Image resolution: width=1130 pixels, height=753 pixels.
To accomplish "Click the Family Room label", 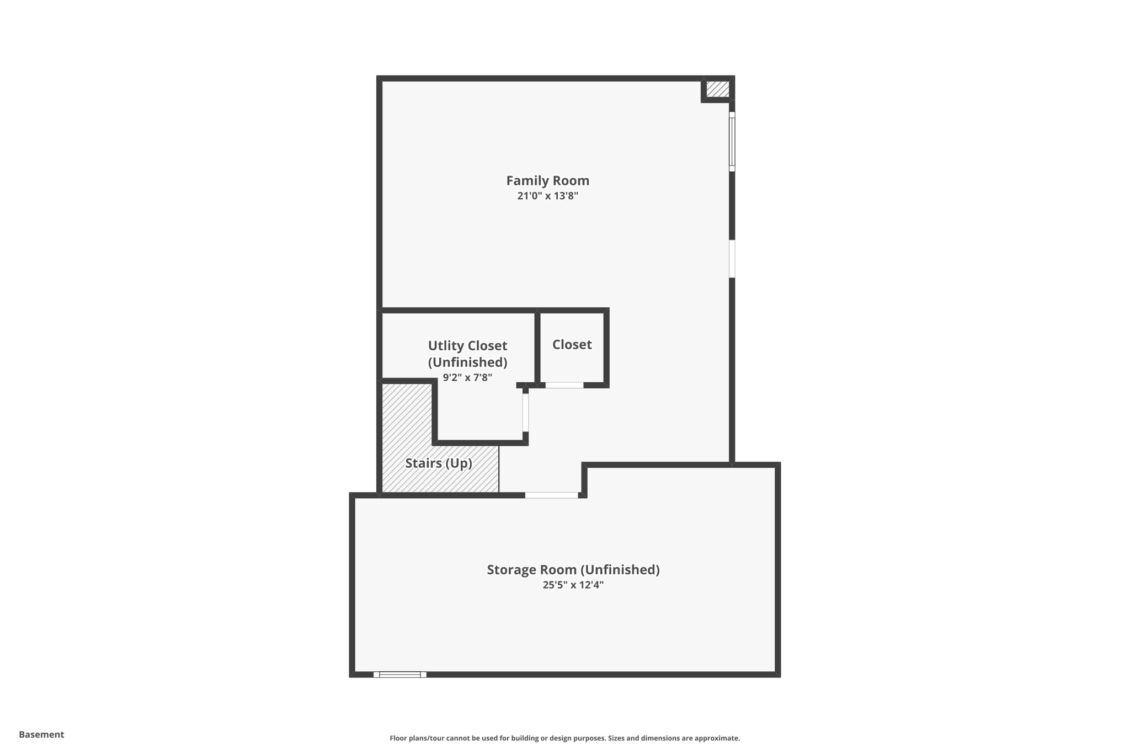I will [x=547, y=180].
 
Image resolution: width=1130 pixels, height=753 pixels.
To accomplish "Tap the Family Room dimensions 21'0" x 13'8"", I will [x=547, y=196].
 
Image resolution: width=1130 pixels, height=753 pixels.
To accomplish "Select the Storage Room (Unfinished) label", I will [x=573, y=569].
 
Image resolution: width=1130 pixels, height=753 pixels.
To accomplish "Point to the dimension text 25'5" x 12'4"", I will [x=573, y=585].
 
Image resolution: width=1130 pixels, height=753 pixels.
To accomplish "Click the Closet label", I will [x=572, y=344].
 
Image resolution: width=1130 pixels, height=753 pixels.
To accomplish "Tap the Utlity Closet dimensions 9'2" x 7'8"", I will [x=467, y=378].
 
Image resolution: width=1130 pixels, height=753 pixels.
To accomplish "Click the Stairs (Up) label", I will [x=439, y=463].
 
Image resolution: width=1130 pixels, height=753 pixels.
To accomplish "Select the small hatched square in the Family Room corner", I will [x=717, y=89].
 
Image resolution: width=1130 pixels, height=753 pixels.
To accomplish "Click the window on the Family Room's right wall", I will [x=732, y=142].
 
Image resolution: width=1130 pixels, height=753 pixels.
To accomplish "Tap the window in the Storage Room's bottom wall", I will [x=400, y=674].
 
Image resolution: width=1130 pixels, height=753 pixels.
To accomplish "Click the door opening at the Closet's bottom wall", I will [x=564, y=385].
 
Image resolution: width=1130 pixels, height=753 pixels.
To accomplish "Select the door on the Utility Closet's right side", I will [x=525, y=412].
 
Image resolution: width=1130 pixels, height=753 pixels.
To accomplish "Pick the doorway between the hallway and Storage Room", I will [x=551, y=495].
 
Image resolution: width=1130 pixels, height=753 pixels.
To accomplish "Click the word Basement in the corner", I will [x=41, y=734].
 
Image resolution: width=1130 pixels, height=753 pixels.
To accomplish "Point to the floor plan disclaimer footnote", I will [x=564, y=738].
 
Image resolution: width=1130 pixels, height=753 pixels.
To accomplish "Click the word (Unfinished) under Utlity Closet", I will [x=467, y=362].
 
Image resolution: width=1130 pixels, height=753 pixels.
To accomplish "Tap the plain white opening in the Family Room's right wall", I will [x=732, y=259].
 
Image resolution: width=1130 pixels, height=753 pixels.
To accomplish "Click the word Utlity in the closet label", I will [x=444, y=346].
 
